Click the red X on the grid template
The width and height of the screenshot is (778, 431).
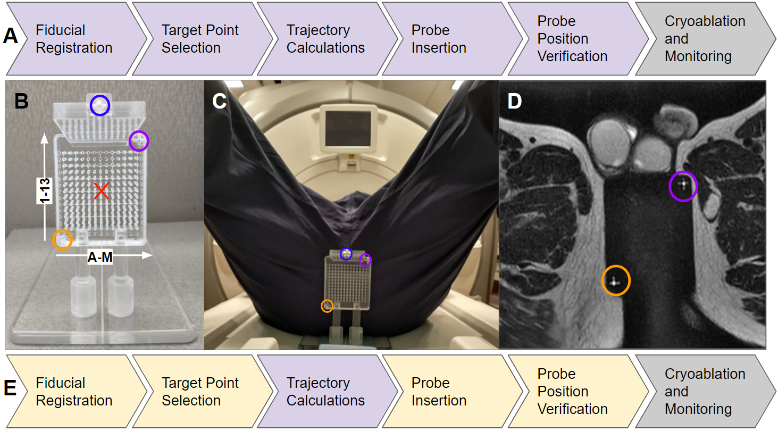tap(101, 191)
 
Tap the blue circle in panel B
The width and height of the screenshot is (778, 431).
tap(99, 105)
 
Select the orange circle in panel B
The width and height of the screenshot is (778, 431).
tap(62, 239)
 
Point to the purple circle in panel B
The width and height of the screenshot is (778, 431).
tap(139, 141)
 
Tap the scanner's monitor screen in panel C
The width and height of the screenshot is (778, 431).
tap(348, 129)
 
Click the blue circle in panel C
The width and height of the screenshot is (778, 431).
tap(346, 254)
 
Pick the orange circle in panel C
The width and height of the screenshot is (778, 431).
tap(327, 306)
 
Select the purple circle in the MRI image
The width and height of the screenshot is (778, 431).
tap(683, 186)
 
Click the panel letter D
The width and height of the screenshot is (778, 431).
tap(514, 101)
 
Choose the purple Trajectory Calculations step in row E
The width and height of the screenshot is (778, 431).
tap(325, 391)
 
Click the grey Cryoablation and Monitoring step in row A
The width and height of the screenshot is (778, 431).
tap(705, 38)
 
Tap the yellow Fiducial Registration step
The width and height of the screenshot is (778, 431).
tap(74, 391)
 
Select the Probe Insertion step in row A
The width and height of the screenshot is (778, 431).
tap(439, 38)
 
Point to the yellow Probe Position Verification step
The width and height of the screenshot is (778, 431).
tap(572, 391)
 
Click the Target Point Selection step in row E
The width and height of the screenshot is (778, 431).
tap(200, 391)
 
